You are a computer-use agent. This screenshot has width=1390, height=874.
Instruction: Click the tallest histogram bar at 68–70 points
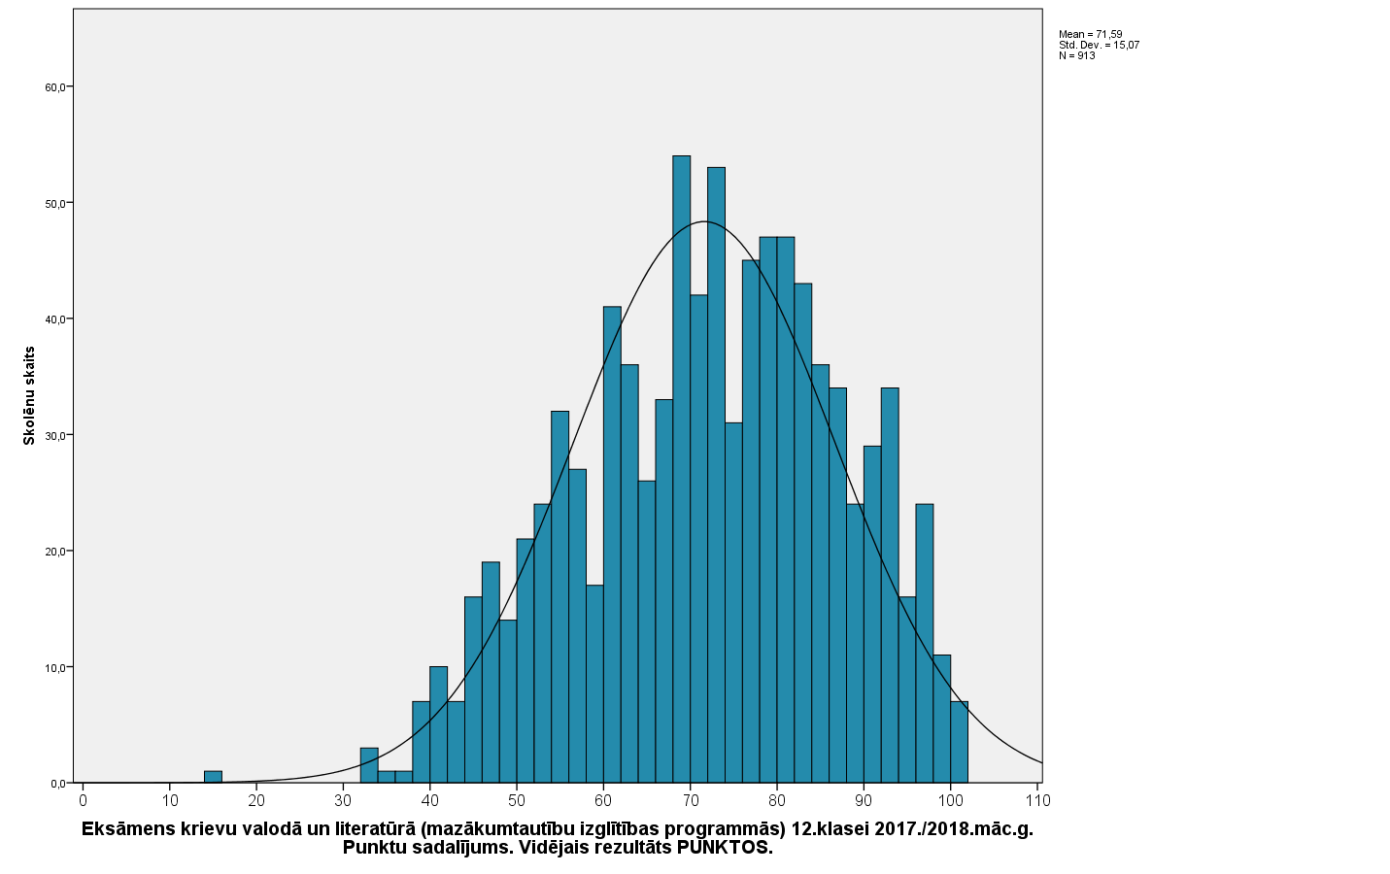click(682, 466)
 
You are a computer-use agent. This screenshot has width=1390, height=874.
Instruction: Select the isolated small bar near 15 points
click(213, 777)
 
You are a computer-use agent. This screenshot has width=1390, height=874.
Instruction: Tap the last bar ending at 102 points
click(960, 742)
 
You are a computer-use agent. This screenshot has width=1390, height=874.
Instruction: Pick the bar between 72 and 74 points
click(717, 476)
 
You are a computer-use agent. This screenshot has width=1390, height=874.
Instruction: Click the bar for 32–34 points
click(369, 765)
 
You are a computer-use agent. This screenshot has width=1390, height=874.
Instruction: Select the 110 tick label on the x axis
click(1038, 801)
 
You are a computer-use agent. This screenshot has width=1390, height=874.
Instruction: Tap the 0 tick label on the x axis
click(83, 801)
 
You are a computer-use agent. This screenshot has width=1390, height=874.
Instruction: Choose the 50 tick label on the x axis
click(517, 801)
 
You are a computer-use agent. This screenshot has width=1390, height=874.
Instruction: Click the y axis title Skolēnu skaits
click(29, 395)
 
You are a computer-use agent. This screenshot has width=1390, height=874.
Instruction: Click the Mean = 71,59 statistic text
click(1090, 34)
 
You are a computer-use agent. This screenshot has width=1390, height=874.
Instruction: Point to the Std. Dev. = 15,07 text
click(1099, 45)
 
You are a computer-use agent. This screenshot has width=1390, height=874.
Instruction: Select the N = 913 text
click(1076, 55)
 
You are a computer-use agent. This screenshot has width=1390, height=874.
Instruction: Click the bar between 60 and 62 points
click(612, 544)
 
